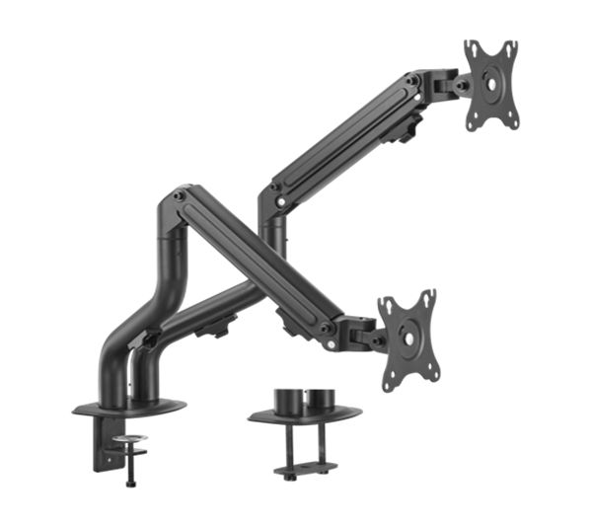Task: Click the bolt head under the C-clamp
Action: click(129, 481)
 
